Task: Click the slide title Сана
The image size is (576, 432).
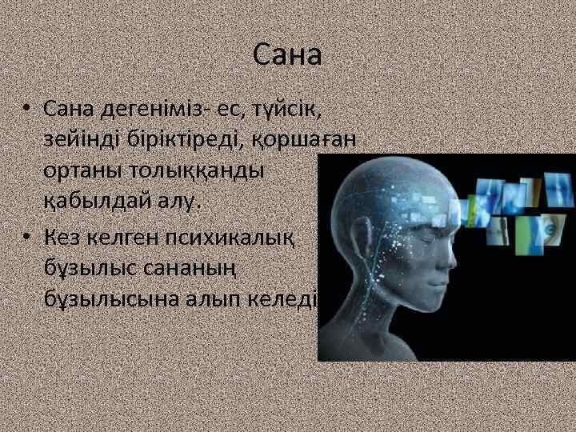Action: [x=287, y=55]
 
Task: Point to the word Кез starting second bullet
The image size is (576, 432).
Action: [x=62, y=236]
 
